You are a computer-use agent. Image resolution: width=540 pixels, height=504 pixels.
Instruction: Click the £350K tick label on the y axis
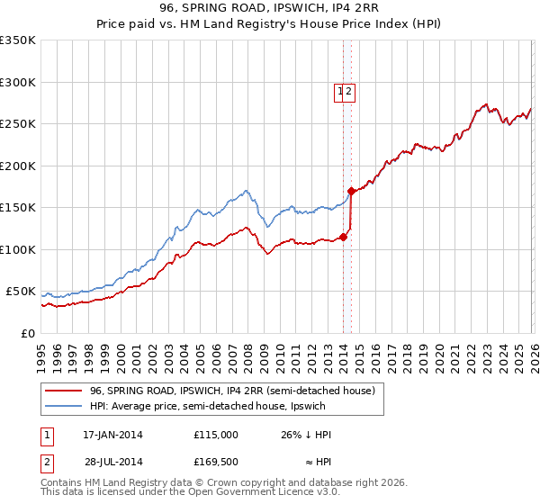(18, 40)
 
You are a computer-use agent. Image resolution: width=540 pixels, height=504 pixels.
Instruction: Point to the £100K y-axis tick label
(18, 249)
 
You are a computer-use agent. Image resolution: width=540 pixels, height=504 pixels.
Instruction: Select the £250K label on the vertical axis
(18, 124)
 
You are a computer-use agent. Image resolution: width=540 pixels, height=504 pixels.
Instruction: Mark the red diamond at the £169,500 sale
(351, 191)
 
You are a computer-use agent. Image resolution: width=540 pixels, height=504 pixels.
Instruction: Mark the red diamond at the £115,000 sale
(343, 237)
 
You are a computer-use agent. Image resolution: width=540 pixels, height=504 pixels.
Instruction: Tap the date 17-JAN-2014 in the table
(112, 435)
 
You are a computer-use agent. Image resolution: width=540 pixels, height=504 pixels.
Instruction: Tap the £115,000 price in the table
(215, 435)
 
